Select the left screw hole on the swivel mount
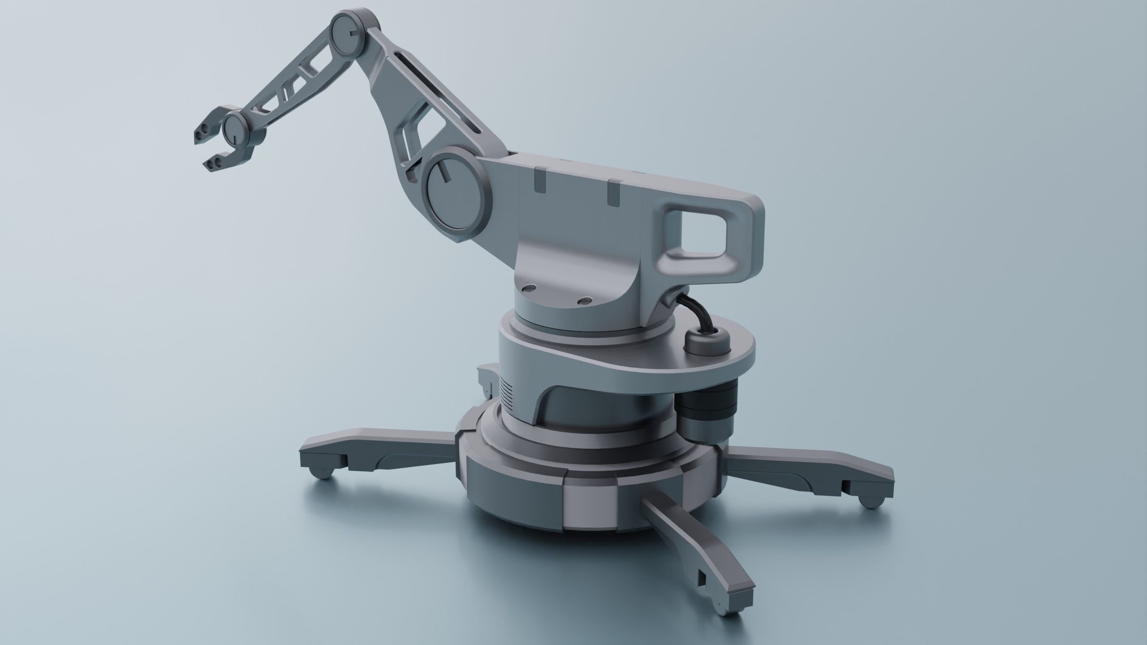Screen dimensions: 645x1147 (x=530, y=288)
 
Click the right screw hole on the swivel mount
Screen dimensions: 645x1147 (x=584, y=301)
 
